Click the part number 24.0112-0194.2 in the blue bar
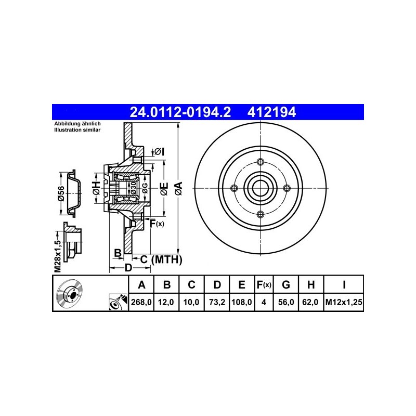[180, 112]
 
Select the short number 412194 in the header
[271, 112]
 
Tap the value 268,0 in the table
[141, 302]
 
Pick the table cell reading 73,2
[217, 302]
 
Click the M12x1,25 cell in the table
[344, 302]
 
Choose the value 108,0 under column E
[242, 302]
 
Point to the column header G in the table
[285, 284]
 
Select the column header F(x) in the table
[264, 284]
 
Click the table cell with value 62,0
[310, 302]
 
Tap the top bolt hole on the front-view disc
[261, 162]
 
